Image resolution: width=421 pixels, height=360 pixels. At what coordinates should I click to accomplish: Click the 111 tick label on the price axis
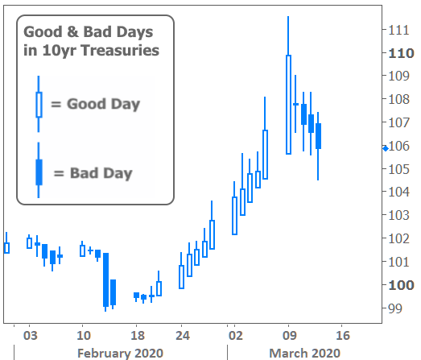coord(398,30)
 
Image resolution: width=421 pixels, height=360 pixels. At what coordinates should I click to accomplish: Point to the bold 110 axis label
coord(401,53)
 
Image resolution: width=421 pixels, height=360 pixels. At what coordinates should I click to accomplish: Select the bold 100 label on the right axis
coord(401,285)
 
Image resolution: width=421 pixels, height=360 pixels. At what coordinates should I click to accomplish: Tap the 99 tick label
coord(395,308)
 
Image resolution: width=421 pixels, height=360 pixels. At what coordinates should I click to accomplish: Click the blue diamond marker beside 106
coord(386,148)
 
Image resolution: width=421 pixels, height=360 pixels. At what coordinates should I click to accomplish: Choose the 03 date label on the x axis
coord(30,336)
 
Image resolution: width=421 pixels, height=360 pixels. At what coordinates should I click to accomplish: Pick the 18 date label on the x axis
coord(138,336)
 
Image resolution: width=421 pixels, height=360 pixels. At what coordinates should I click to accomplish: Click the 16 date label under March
coord(343,336)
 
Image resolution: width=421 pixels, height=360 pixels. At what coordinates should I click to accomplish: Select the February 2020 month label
coord(120,353)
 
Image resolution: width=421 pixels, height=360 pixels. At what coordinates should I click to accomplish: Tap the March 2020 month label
coord(305,353)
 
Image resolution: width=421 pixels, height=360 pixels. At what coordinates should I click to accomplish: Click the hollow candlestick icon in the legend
coord(39,105)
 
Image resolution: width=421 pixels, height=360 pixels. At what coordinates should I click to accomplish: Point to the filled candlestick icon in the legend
coord(39,172)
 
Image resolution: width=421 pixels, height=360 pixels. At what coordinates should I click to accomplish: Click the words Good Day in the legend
coord(103,104)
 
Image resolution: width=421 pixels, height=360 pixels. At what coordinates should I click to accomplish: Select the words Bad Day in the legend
coord(101,173)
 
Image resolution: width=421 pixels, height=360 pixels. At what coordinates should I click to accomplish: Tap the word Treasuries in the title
coord(120,50)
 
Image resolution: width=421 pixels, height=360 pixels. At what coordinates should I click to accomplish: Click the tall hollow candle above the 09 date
coord(288,105)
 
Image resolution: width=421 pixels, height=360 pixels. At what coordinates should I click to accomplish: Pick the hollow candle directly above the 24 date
coord(181,277)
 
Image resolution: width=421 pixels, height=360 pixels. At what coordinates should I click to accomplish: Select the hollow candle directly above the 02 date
coord(234,216)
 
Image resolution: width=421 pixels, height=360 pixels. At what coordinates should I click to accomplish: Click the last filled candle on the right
coord(318,136)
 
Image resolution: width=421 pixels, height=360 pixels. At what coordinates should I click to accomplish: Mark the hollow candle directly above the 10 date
coord(82,250)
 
